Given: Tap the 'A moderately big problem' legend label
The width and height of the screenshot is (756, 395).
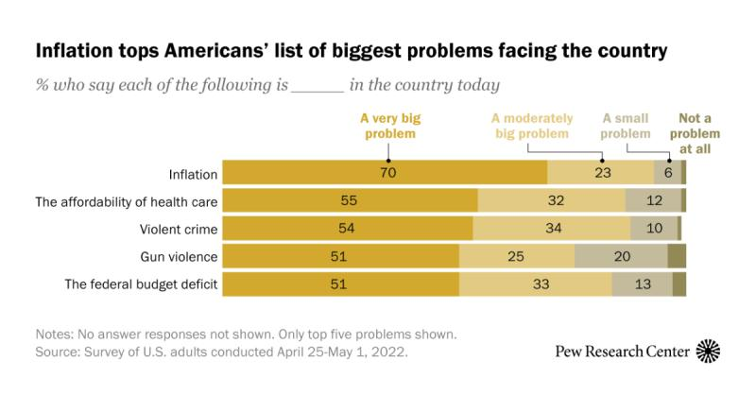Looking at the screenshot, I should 532,126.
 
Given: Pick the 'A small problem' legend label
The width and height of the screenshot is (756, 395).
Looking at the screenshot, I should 627,126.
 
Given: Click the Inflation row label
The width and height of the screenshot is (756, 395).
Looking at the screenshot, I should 194,174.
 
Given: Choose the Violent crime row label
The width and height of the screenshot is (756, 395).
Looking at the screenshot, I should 180,229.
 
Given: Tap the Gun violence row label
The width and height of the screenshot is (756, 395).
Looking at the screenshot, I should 180,256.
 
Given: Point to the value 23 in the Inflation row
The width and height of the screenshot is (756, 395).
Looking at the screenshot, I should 602,174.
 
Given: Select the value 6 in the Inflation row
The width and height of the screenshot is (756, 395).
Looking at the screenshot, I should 667,174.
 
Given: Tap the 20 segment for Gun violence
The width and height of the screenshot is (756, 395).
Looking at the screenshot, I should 621,256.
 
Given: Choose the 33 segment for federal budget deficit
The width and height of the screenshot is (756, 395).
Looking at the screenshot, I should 535,283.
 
